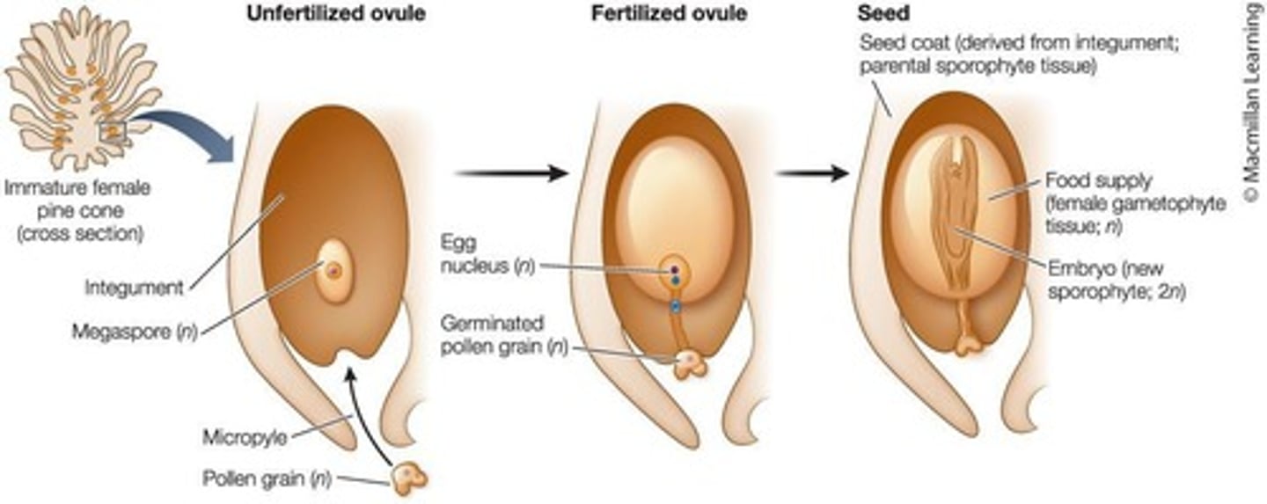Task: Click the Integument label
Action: click(x=135, y=288)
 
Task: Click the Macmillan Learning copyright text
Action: click(x=1252, y=106)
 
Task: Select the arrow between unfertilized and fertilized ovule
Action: click(x=512, y=173)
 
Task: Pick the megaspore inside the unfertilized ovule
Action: click(x=333, y=271)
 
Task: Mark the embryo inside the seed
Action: click(x=955, y=220)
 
